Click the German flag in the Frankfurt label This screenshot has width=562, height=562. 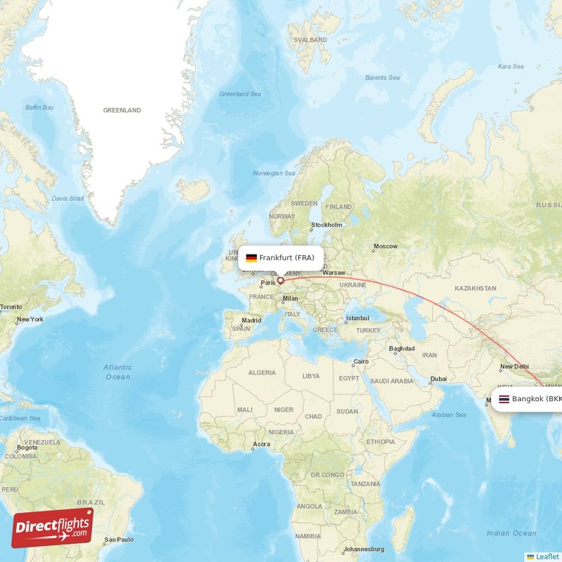coord(251,258)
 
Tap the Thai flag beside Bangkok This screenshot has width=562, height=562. coord(504,399)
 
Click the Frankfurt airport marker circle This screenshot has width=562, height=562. coord(280,280)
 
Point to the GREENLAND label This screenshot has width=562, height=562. coord(122,110)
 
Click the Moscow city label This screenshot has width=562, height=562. coord(385,246)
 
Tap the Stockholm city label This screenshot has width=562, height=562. coord(327,225)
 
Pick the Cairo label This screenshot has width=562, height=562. coord(360,362)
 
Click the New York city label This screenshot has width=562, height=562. coord(30,320)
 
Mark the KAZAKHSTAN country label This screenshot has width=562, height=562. coord(476,288)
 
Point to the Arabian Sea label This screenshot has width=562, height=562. coord(450,414)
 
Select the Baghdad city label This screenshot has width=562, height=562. coord(401,348)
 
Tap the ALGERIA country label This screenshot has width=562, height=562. coord(262,372)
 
